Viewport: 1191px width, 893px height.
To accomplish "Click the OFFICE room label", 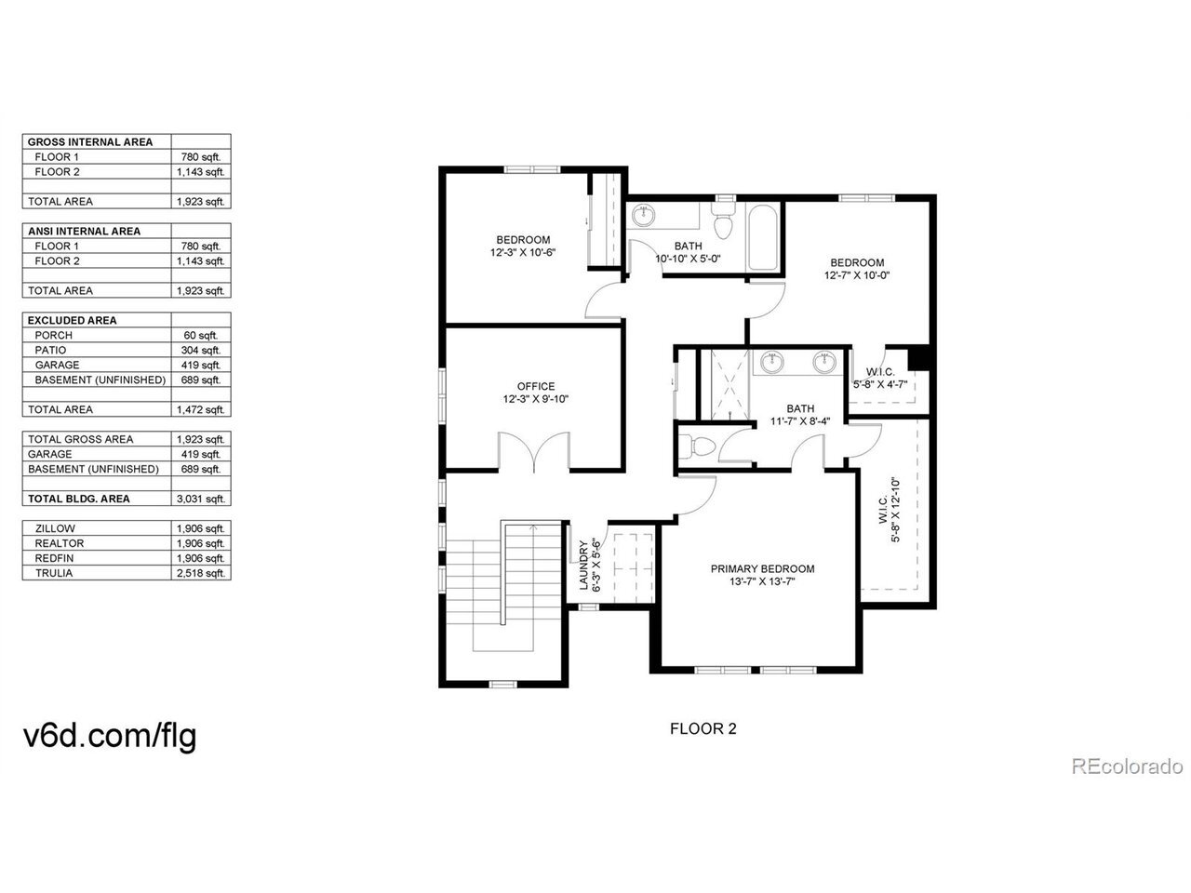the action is coord(536,386).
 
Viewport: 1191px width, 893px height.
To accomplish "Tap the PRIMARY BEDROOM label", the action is coord(762,568).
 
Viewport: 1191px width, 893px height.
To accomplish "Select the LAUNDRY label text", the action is coord(583,565).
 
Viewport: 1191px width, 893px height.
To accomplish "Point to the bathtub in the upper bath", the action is coord(763,237).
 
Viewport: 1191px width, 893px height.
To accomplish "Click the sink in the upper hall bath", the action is coord(644,215).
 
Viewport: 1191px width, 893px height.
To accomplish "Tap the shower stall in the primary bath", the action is coord(730,384).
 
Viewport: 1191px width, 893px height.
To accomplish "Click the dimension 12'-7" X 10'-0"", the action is coord(857,275).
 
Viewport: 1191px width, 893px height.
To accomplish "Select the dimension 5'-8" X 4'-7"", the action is coord(880,384).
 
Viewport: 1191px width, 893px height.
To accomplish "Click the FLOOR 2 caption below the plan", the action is coord(703,728).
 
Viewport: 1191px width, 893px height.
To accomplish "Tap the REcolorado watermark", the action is coord(1127,766).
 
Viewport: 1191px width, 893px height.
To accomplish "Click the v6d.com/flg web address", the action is coord(110,736).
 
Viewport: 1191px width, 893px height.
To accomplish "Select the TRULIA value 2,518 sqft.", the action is coord(201,573).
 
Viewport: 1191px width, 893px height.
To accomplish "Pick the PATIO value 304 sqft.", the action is coord(201,351).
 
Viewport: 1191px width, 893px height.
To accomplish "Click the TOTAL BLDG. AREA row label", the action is coord(79,499).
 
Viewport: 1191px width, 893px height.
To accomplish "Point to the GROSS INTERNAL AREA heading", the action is coord(90,142).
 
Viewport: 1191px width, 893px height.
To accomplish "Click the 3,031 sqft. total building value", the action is coord(201,499).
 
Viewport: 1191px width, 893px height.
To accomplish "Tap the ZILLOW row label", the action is coord(55,528).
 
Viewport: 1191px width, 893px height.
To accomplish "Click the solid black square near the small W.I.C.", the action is coord(919,359).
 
